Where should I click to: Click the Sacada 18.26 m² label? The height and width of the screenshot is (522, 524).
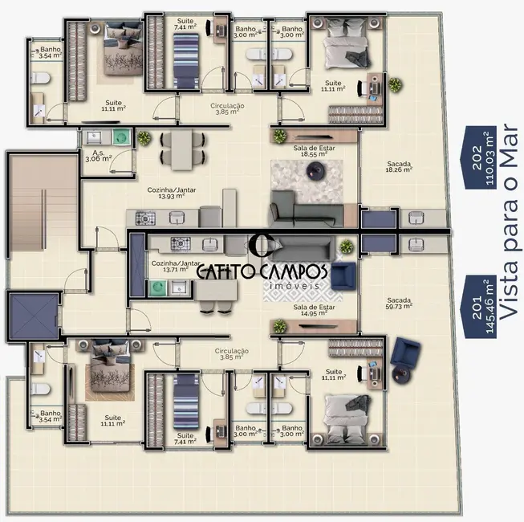coord(398,166)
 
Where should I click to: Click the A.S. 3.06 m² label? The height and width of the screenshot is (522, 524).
coord(99,156)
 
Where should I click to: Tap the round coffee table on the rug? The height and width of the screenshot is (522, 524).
coord(314,170)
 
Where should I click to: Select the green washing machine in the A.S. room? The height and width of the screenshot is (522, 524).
coord(120,137)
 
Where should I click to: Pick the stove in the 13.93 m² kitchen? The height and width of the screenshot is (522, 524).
coord(145,217)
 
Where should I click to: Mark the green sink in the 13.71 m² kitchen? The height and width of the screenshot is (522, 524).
coord(154,286)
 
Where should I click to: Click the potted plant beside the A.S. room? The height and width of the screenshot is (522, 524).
coord(143,138)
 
